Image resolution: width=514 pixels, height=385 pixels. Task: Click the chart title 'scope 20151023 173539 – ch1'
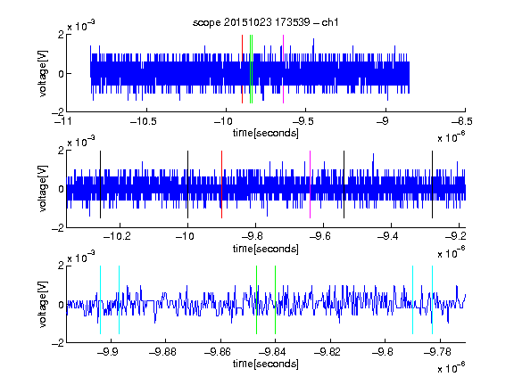coord(266,22)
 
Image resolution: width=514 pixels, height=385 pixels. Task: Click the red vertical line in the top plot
coord(242,70)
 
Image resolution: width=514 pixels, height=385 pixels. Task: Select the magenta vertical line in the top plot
coord(283,70)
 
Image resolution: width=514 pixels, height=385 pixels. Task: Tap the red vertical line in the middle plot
coord(221,184)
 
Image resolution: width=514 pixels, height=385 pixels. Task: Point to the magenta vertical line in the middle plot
coord(311,184)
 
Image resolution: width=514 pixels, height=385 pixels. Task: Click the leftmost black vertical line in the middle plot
coord(100,184)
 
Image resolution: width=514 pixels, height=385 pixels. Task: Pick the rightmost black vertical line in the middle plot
coord(432,184)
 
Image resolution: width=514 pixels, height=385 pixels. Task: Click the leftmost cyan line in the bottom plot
coord(100,299)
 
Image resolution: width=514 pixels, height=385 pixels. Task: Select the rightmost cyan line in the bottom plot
coord(433,299)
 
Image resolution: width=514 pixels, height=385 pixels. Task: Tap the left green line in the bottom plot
coord(256,299)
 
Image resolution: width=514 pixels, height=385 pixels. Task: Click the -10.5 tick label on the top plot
coord(144,121)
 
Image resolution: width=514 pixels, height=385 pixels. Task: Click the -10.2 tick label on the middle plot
coord(117,236)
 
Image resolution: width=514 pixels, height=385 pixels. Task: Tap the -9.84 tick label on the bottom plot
coord(272,352)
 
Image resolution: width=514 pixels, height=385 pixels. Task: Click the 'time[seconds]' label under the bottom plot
coord(266,364)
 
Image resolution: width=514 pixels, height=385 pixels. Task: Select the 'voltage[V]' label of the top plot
coord(43,73)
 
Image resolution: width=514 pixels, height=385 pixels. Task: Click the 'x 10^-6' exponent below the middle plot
coord(452,253)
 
